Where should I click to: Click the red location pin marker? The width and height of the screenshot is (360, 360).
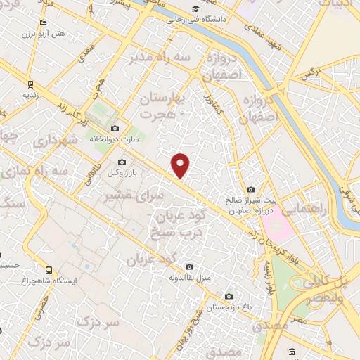pos(181,165)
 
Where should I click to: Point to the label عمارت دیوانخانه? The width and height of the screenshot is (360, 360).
pos(115,139)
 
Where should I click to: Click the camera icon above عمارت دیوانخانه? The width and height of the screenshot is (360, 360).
pos(115,128)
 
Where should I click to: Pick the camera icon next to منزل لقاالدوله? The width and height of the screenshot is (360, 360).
pos(189,266)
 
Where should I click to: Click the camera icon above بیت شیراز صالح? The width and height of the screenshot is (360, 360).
pos(251,189)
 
